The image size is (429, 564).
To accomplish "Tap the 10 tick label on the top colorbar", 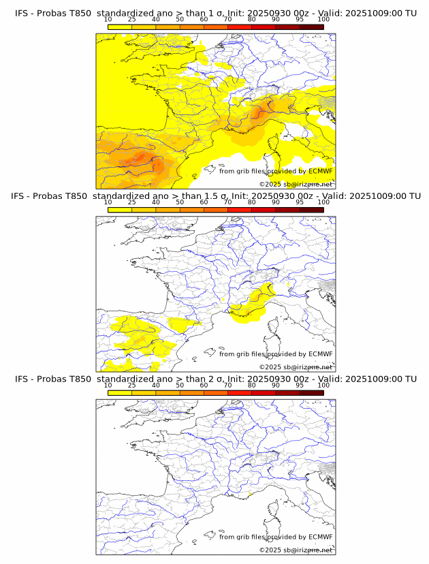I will point(108,19).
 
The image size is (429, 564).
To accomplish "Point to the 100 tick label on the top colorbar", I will point(323,19).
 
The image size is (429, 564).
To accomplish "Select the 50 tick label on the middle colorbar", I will point(180,202).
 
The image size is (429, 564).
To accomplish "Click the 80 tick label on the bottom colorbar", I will point(252,385).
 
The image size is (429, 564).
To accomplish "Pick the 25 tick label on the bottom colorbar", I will point(132,385).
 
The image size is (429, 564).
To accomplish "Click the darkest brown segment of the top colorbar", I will point(311,27).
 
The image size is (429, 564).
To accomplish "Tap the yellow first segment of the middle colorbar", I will point(120,210).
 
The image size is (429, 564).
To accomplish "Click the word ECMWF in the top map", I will point(320,171).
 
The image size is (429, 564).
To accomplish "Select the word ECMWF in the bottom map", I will point(320,537).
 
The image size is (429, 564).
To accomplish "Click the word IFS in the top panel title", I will point(22,13).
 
